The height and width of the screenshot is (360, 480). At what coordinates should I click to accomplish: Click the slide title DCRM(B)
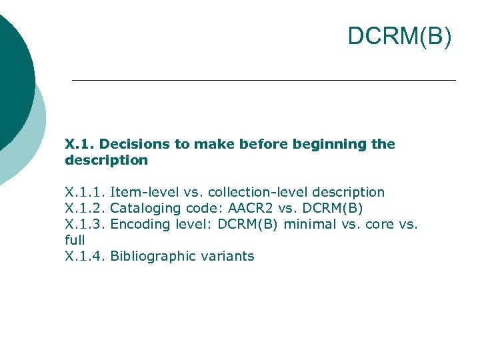399,37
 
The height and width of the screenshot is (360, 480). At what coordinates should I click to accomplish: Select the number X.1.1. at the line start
85,192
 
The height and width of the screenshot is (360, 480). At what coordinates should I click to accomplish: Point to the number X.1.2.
85,208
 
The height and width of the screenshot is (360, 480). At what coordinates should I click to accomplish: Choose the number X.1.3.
85,224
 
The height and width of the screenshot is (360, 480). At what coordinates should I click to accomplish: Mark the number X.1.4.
85,256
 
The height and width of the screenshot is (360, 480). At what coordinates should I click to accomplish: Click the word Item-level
143,192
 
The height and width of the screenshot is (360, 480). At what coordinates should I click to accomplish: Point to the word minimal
310,224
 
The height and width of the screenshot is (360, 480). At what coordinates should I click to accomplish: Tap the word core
381,224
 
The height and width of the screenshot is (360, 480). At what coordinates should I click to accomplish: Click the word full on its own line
75,240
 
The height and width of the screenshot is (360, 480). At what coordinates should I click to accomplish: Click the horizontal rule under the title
263,81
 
